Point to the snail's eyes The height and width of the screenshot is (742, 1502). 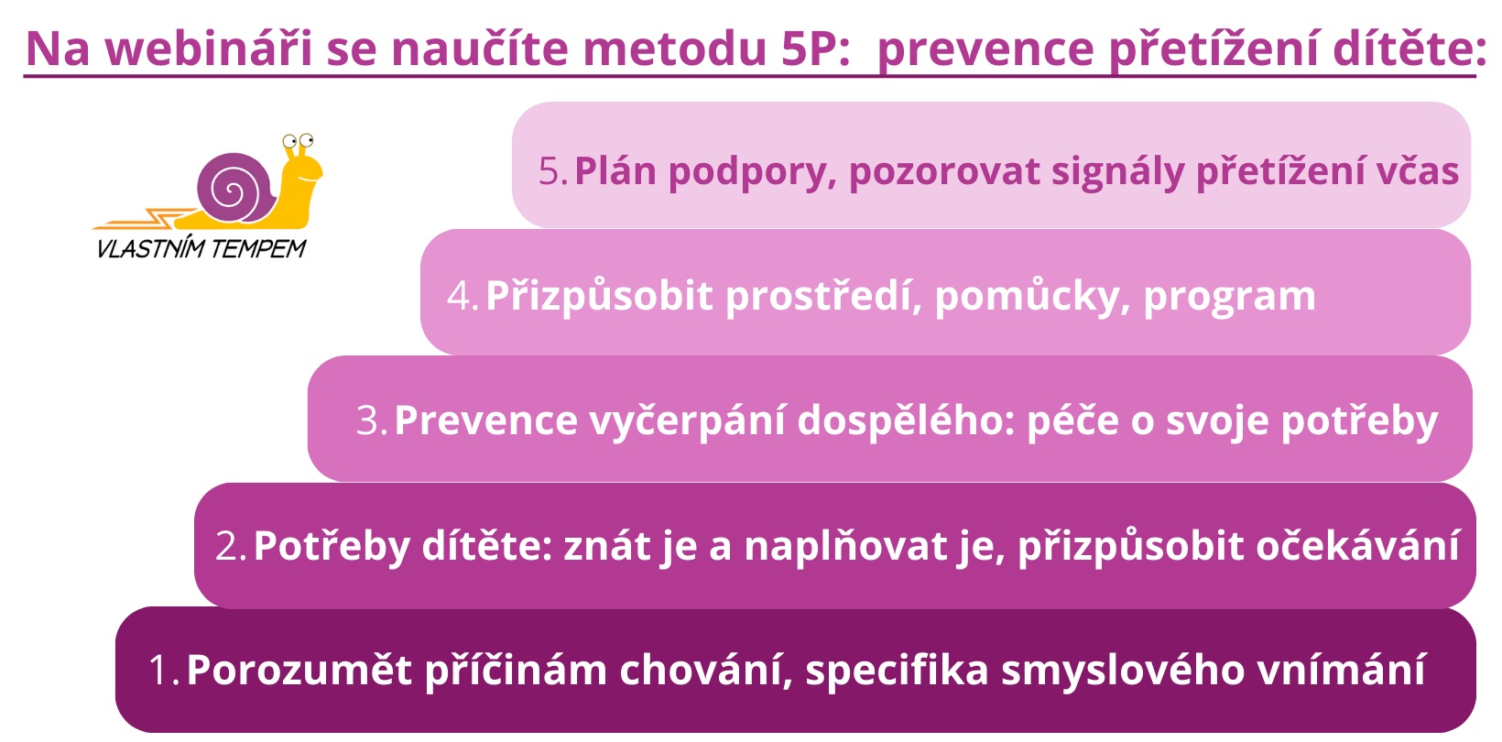click(298, 141)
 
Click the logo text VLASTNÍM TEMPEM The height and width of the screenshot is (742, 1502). click(201, 248)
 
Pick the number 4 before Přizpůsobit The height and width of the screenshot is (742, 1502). click(459, 296)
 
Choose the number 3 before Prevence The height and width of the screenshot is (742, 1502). click(368, 420)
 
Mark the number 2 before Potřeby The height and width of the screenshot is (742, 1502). click(227, 546)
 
